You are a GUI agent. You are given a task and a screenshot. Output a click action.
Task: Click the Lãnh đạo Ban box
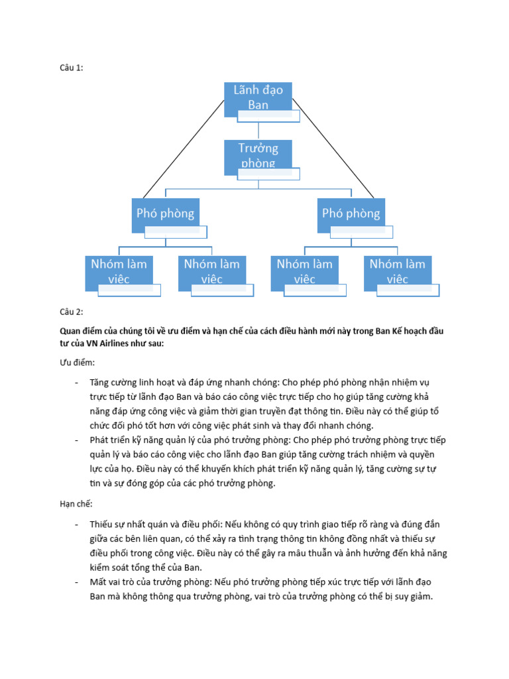[258, 97]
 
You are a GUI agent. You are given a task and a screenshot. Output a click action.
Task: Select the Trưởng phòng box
[258, 155]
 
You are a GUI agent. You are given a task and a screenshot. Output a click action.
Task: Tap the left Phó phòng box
[165, 214]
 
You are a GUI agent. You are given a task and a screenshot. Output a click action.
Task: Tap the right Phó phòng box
[351, 214]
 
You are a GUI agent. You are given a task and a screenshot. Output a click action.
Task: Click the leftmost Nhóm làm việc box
[119, 271]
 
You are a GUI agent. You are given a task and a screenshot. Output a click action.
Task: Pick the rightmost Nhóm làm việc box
[398, 271]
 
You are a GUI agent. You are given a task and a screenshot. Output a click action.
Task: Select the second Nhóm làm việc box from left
[211, 271]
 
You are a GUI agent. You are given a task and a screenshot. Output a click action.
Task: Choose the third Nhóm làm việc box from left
[304, 271]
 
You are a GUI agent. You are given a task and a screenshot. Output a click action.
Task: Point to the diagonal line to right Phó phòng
[333, 149]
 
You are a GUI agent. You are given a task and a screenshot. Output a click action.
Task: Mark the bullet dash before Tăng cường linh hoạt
[77, 383]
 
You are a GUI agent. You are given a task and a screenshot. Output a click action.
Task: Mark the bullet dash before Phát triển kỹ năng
[77, 440]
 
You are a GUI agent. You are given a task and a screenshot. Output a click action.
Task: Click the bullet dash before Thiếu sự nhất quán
[77, 525]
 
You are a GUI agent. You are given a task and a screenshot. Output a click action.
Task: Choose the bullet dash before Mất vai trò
[77, 582]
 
